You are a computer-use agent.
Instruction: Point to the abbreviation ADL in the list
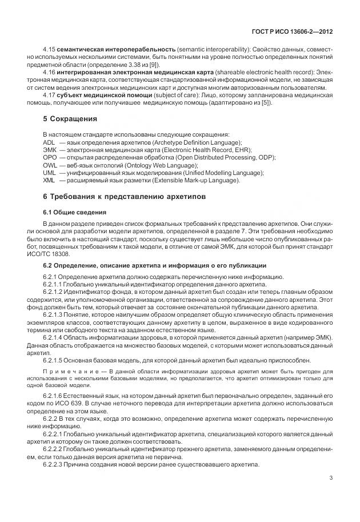49,142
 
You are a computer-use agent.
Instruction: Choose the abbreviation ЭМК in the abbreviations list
50,149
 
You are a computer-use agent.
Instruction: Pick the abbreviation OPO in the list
50,157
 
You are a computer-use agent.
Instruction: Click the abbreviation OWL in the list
50,165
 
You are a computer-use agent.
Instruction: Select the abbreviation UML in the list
50,173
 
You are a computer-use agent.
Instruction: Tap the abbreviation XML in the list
50,180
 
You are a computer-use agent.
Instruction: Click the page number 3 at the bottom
331,478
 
